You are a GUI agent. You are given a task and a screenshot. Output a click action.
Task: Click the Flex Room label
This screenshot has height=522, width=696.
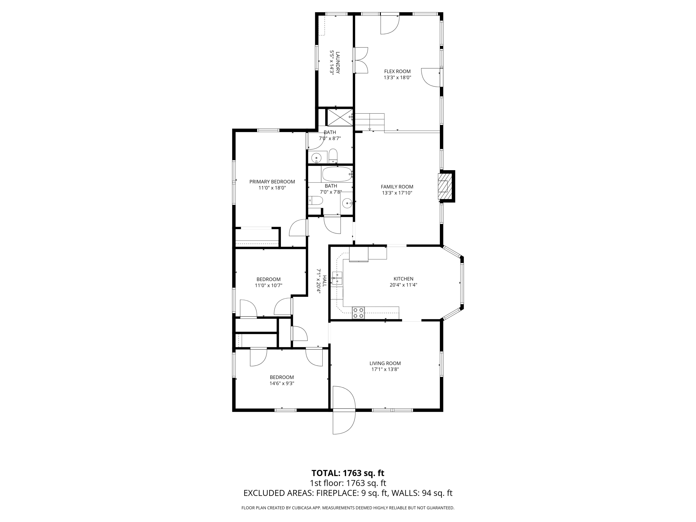pos(397,72)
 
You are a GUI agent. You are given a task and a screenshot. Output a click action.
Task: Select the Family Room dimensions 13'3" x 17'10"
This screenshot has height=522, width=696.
pos(397,193)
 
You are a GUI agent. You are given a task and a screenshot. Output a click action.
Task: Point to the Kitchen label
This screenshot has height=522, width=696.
pos(403,279)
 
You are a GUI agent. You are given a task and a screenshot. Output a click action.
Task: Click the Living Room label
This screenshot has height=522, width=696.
pos(385,363)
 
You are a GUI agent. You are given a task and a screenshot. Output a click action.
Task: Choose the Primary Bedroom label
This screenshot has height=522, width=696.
pos(272,182)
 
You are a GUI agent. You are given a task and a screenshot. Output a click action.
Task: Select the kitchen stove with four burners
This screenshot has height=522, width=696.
pos(358,313)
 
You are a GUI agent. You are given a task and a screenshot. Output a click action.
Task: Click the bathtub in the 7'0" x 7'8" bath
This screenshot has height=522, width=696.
pos(337,174)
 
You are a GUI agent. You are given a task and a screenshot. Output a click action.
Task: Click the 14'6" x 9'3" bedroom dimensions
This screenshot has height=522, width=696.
pos(282,384)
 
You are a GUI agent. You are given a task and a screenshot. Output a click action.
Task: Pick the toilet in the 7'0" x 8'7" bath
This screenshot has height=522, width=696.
pos(333,156)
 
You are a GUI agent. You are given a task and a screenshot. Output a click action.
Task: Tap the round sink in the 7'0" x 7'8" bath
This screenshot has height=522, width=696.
pos(347,203)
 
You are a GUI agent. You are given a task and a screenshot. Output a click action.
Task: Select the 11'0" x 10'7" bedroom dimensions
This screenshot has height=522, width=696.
pos(268,286)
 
